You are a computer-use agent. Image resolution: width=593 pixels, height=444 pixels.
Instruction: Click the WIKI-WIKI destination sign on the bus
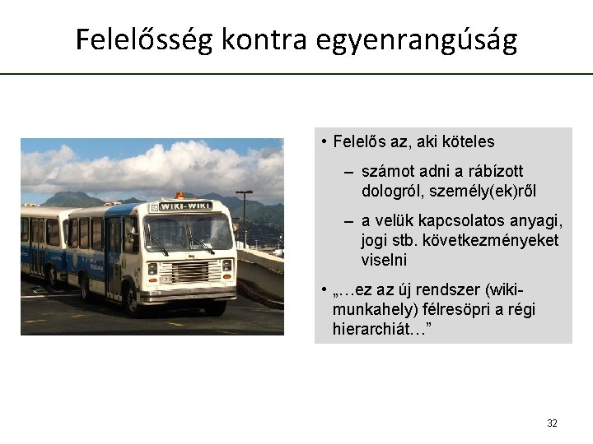click(x=185, y=206)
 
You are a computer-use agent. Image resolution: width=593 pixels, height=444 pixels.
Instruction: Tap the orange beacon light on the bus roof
click(x=180, y=195)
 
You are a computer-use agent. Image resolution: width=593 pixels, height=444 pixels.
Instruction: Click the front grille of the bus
click(x=189, y=271)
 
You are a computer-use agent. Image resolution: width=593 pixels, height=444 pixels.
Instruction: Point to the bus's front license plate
click(x=167, y=280)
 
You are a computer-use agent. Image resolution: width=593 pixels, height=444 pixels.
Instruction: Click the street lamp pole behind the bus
click(x=244, y=217)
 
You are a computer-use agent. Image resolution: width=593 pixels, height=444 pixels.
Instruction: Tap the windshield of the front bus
click(x=189, y=233)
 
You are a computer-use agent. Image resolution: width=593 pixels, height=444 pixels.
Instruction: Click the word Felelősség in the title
click(x=143, y=39)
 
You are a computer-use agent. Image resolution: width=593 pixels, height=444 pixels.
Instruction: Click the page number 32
click(x=552, y=423)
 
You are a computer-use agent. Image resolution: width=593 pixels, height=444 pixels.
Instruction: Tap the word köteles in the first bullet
click(x=467, y=141)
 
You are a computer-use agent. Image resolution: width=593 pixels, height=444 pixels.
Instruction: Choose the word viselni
click(x=384, y=260)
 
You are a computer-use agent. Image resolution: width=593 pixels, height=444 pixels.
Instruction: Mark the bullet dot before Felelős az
click(x=325, y=141)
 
